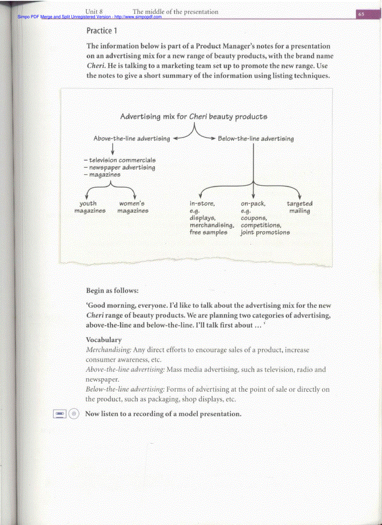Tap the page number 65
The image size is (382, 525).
pos(361,14)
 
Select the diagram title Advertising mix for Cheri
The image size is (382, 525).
pos(194,116)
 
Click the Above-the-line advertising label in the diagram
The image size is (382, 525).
pos(132,138)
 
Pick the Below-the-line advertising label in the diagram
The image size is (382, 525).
pos(256,138)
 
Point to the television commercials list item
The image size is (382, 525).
pos(119,160)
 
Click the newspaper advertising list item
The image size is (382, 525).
pos(119,167)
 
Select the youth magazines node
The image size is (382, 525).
pos(89,207)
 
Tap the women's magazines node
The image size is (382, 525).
pos(132,207)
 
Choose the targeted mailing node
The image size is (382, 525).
pos(300,207)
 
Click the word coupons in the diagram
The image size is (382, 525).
pos(254,218)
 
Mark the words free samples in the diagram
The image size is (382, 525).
pos(208,232)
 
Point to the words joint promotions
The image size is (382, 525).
pos(265,232)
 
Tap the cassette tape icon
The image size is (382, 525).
pos(59,414)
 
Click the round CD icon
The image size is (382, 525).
pos(73,414)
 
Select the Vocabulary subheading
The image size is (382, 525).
pos(103,340)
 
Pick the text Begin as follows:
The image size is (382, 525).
pos(112,290)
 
